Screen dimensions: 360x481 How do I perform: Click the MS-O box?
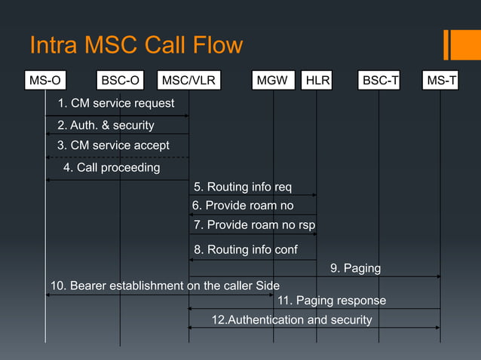tap(45, 81)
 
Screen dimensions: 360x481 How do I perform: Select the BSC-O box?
tap(120, 81)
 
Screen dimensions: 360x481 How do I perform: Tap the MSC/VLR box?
tap(188, 81)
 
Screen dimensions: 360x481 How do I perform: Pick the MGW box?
tap(272, 81)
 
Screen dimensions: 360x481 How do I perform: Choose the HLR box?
tap(317, 81)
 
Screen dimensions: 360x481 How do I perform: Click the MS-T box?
tap(442, 81)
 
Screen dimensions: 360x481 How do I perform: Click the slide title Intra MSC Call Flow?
tap(136, 45)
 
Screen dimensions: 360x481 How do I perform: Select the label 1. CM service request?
tap(116, 103)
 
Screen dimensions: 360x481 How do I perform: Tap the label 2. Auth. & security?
tap(106, 125)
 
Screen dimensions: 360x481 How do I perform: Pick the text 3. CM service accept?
tap(113, 145)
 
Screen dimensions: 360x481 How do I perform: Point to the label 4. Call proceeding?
tap(112, 167)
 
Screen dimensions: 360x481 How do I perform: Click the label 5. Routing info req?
tap(242, 187)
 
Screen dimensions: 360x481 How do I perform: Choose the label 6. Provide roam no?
tap(243, 205)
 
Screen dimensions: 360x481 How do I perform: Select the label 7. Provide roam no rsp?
tap(254, 224)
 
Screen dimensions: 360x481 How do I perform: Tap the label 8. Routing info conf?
tap(245, 249)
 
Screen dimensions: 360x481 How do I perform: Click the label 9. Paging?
tap(355, 268)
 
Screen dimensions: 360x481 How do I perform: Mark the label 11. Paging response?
tap(332, 301)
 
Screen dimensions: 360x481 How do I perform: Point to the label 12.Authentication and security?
tap(292, 320)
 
